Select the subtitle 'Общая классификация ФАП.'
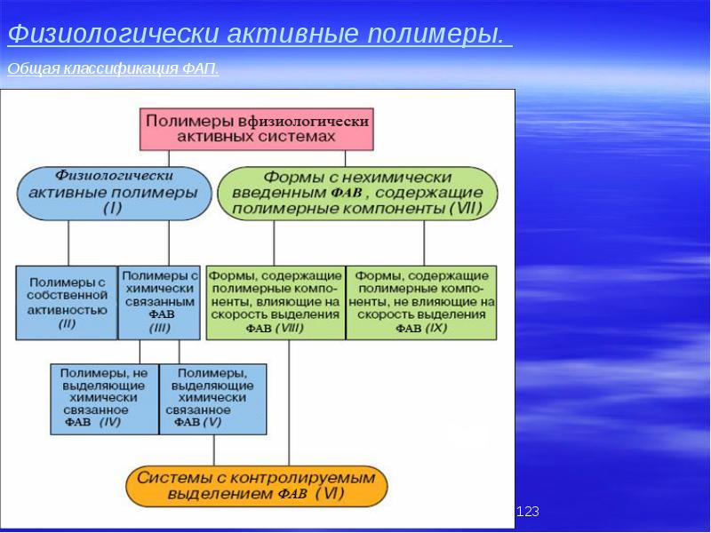click(113, 69)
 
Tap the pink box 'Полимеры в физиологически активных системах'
click(256, 128)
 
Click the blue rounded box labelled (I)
click(114, 193)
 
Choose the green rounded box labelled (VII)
click(357, 193)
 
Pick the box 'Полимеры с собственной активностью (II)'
click(67, 302)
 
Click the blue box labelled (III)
click(160, 302)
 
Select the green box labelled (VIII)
click(275, 302)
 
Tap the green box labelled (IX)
click(421, 302)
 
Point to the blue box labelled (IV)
click(105, 398)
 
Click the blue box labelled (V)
click(212, 398)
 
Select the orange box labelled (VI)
click(257, 486)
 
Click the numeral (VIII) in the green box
click(291, 328)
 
